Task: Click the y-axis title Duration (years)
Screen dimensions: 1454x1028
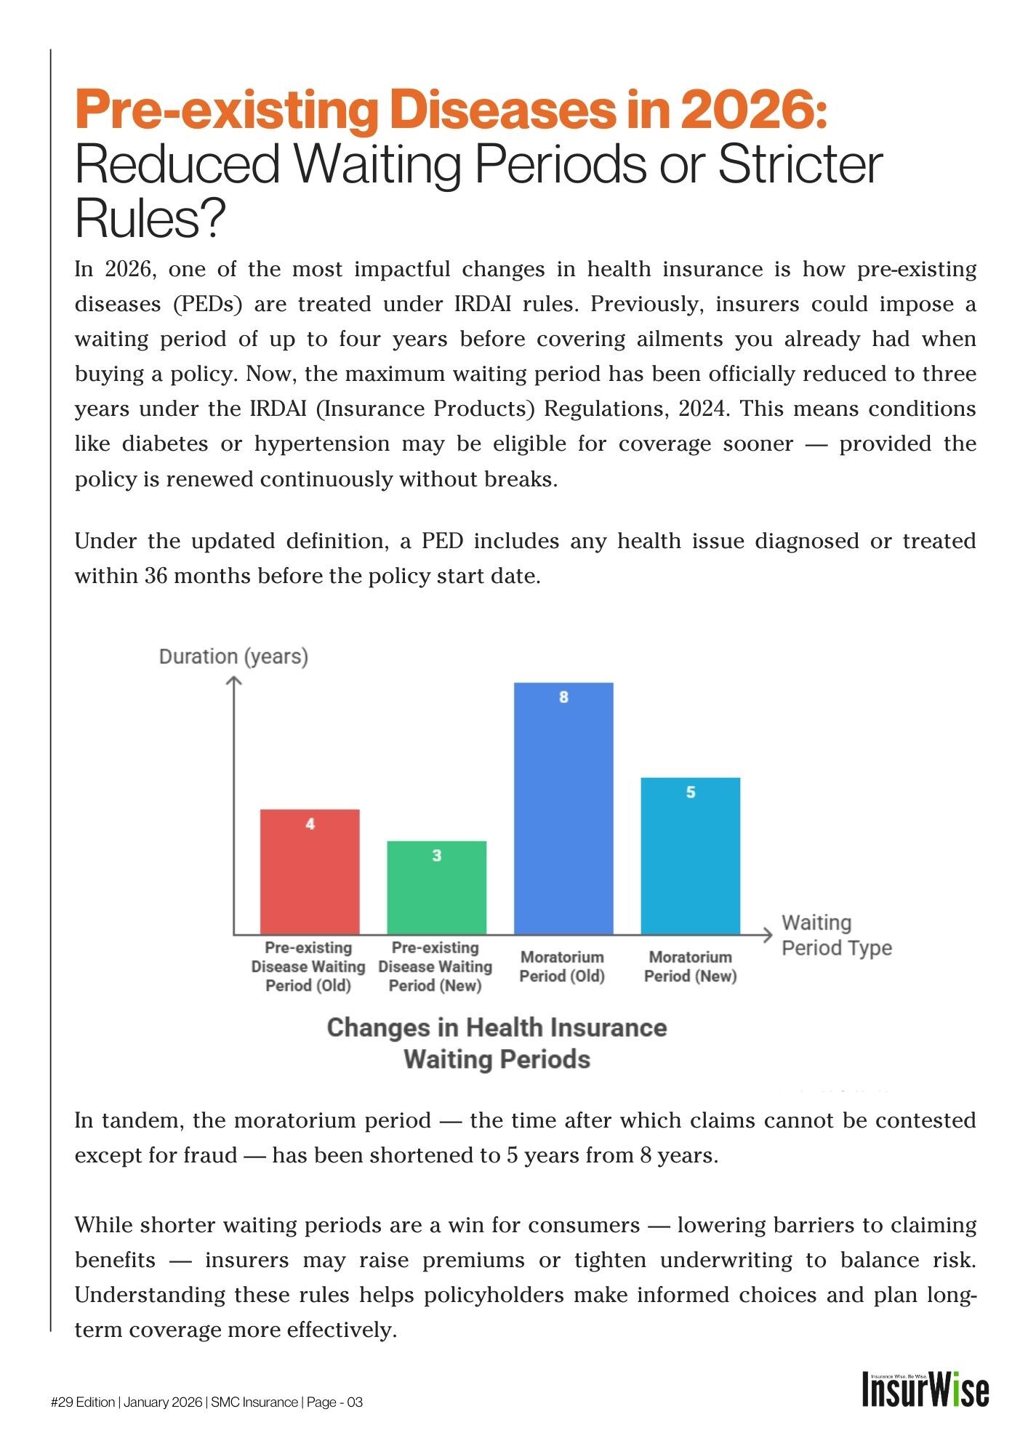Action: click(233, 656)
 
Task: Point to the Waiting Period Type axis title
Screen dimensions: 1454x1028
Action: click(836, 936)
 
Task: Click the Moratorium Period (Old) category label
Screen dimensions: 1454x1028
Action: click(562, 966)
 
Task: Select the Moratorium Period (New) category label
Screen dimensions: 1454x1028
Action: click(690, 966)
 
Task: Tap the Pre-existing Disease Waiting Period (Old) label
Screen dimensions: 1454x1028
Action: click(308, 966)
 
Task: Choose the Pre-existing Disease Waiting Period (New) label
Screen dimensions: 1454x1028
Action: click(435, 966)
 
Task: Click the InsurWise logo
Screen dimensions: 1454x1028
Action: click(925, 1389)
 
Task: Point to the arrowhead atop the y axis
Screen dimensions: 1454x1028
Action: click(233, 680)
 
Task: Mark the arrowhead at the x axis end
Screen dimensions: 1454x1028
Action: click(768, 935)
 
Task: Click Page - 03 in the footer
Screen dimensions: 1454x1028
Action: click(334, 1402)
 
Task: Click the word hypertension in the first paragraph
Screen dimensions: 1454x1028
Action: click(322, 444)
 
